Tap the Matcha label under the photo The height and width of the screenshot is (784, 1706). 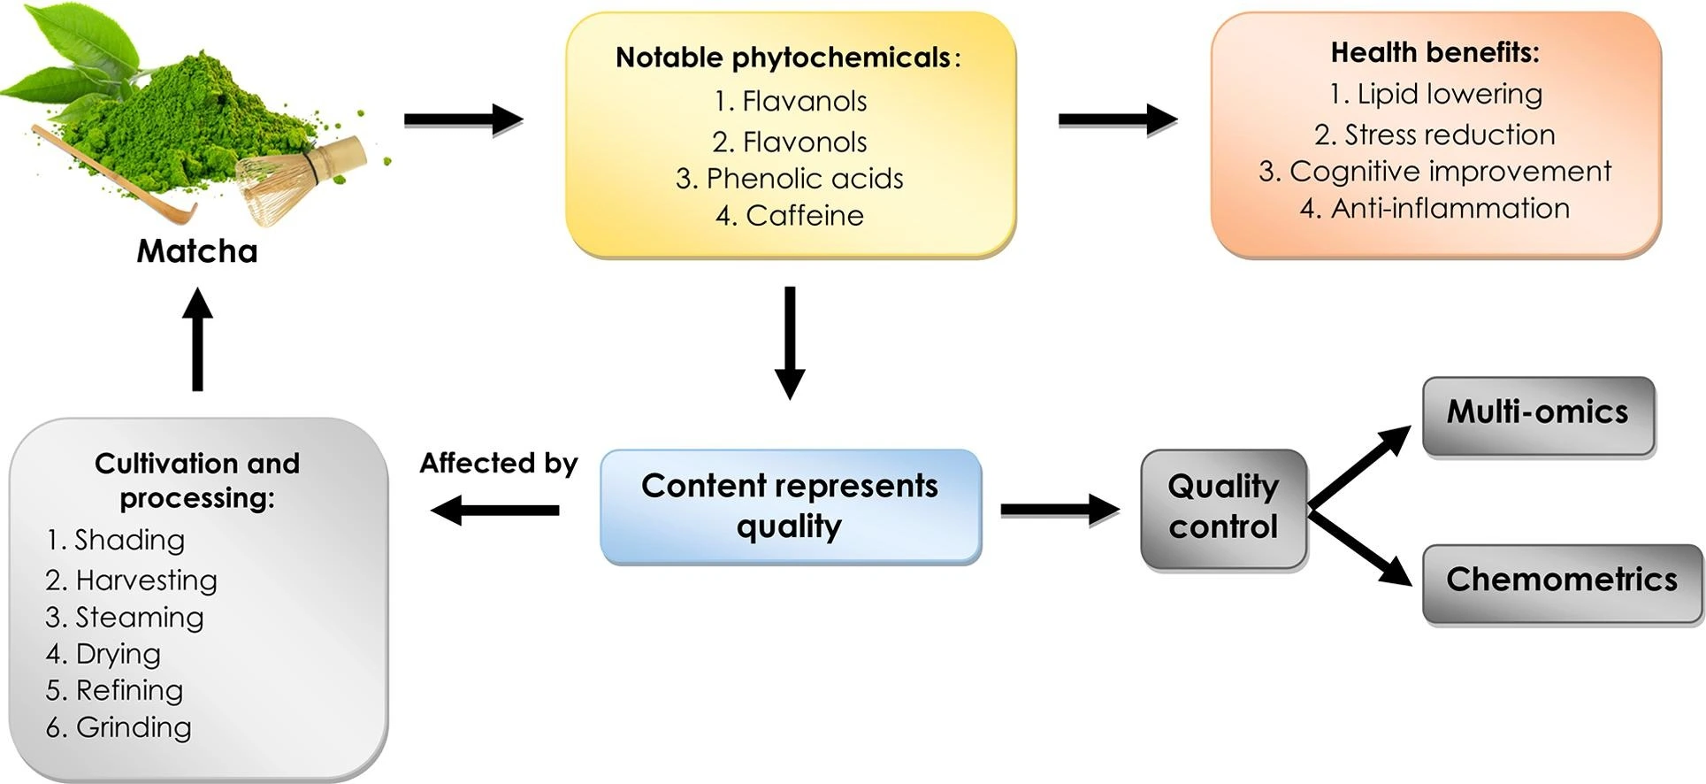(197, 251)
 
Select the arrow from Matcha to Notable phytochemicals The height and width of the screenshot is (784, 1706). (463, 119)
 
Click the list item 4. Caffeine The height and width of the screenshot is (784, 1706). (790, 215)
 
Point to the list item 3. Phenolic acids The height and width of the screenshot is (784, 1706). (790, 178)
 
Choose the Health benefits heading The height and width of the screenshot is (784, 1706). (1434, 52)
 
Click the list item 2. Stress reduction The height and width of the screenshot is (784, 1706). (1434, 135)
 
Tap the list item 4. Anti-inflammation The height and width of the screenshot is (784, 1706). (1434, 208)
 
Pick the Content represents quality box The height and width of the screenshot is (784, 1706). (790, 506)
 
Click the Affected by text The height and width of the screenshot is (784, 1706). (498, 463)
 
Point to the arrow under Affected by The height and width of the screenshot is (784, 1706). (495, 510)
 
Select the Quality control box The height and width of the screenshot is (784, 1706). (1223, 508)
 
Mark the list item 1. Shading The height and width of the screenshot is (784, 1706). (116, 540)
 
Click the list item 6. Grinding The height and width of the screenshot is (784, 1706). (119, 727)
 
